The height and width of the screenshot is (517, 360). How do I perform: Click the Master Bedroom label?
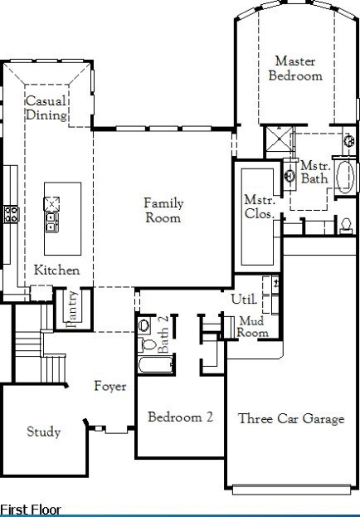pyautogui.click(x=295, y=68)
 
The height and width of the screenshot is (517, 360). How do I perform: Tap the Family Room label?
pyautogui.click(x=163, y=210)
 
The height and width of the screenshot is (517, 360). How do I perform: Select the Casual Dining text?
pyautogui.click(x=46, y=108)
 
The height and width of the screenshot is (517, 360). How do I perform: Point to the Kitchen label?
pyautogui.click(x=56, y=270)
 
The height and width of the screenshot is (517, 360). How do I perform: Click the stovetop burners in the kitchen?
pyautogui.click(x=12, y=213)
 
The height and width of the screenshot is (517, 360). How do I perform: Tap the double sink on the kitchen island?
pyautogui.click(x=52, y=222)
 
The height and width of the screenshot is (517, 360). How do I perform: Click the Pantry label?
pyautogui.click(x=71, y=310)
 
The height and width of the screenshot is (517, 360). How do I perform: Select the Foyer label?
pyautogui.click(x=110, y=386)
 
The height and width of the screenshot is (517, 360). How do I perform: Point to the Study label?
pyautogui.click(x=43, y=432)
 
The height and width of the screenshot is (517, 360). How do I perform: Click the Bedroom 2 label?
pyautogui.click(x=180, y=417)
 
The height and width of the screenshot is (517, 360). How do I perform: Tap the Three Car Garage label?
pyautogui.click(x=291, y=419)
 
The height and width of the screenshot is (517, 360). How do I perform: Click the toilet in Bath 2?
pyautogui.click(x=147, y=345)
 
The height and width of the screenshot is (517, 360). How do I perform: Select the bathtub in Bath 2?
pyautogui.click(x=156, y=364)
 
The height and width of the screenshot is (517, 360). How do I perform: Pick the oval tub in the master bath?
pyautogui.click(x=345, y=177)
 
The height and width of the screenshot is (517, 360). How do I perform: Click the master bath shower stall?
pyautogui.click(x=279, y=139)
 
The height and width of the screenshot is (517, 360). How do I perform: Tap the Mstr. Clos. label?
pyautogui.click(x=260, y=207)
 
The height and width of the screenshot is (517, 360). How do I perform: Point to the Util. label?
pyautogui.click(x=244, y=299)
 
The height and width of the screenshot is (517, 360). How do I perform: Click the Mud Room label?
pyautogui.click(x=252, y=326)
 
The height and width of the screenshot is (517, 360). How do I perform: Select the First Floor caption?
pyautogui.click(x=31, y=510)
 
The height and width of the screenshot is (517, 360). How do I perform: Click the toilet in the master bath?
pyautogui.click(x=346, y=226)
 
